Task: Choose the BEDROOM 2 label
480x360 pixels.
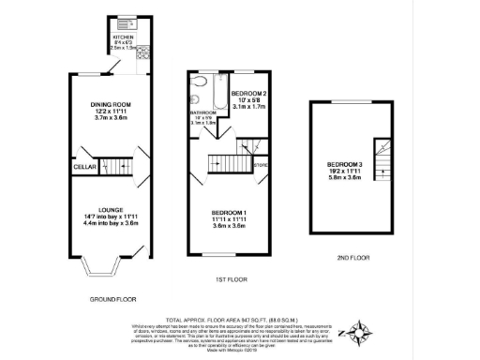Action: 248,94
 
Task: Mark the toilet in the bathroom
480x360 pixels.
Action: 194,97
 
